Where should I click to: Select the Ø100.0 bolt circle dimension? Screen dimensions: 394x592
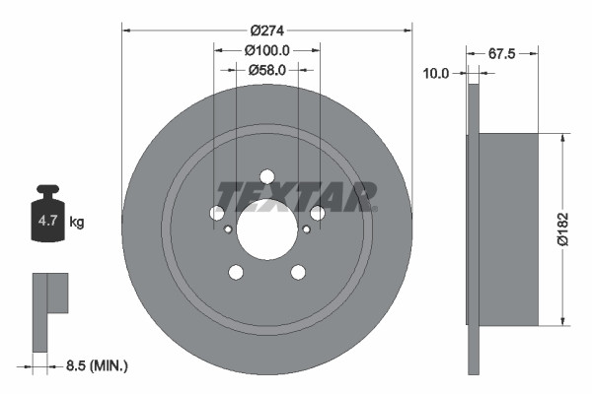pos(266,50)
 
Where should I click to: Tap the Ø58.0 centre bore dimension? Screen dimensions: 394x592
pos(266,70)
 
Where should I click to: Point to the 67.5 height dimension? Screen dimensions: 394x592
pos(503,54)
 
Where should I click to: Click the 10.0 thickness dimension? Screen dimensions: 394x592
pos(436,73)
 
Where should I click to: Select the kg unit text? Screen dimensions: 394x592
pos(77,223)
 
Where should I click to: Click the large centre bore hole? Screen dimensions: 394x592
pos(266,234)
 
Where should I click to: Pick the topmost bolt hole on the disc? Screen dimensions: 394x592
pos(266,176)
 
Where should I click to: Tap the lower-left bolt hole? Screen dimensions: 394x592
pos(236,272)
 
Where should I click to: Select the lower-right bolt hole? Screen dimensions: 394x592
pos(297,272)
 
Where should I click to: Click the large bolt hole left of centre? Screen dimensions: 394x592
pos(217,213)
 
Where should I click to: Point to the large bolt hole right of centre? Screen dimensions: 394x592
pos(317,213)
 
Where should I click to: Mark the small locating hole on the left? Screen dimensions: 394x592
pos(228,230)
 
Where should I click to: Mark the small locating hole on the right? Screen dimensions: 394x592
pos(306,230)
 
